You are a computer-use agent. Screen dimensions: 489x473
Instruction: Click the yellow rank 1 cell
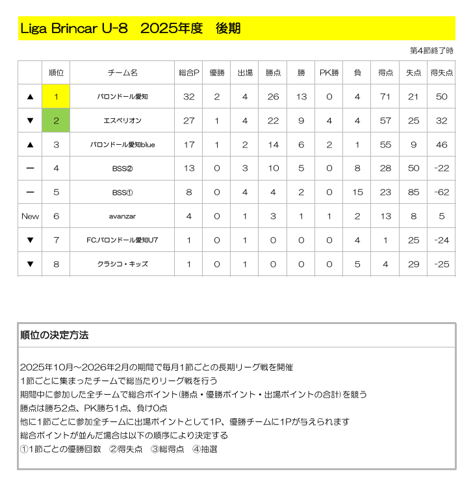[57, 97]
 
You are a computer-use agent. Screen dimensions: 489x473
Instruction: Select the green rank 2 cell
[57, 121]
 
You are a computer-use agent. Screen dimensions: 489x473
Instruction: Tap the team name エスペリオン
[122, 121]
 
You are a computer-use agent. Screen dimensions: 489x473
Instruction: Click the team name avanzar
[122, 216]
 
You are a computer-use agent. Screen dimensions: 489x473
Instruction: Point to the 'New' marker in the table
[30, 216]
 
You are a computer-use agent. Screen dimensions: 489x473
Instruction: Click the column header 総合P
[189, 73]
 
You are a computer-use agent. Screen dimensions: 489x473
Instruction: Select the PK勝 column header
[329, 73]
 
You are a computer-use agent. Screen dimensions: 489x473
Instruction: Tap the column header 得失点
[442, 73]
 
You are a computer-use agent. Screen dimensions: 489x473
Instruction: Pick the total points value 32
[189, 97]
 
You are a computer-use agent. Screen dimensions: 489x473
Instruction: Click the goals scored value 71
[385, 97]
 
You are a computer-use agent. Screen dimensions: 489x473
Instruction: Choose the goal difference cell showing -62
[442, 192]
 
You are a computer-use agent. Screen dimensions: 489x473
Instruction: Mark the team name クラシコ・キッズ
[122, 264]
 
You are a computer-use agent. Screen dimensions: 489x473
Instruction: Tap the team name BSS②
[122, 168]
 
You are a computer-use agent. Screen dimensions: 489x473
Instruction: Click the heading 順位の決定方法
[55, 336]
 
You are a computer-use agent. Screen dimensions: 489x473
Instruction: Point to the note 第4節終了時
[431, 51]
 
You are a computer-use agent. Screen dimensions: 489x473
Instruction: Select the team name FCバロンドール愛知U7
[122, 240]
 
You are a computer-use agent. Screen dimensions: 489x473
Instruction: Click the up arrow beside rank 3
[30, 145]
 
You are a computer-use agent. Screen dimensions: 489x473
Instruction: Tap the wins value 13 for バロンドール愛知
[301, 97]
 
